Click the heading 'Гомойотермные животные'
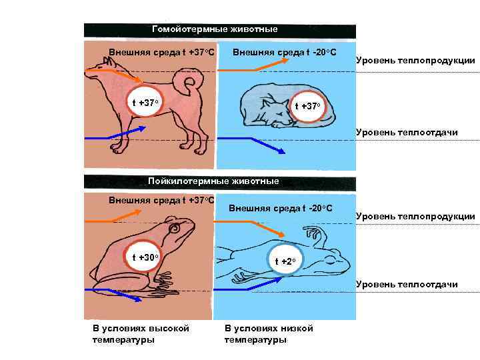pyautogui.click(x=215, y=29)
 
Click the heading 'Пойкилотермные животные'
pyautogui.click(x=214, y=181)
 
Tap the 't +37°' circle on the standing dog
pyautogui.click(x=145, y=103)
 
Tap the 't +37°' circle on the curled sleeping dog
pyautogui.click(x=309, y=107)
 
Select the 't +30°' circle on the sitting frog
pyautogui.click(x=145, y=257)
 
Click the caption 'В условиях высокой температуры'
pyautogui.click(x=141, y=334)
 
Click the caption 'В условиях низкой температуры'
pyautogui.click(x=269, y=334)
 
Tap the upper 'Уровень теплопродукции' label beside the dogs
pyautogui.click(x=415, y=61)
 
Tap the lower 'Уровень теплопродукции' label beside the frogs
pyautogui.click(x=415, y=216)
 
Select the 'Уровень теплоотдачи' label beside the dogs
pyautogui.click(x=407, y=132)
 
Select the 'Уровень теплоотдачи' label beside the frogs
pyautogui.click(x=407, y=285)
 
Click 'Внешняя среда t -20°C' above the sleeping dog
pyautogui.click(x=284, y=51)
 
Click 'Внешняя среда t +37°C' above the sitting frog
pyautogui.click(x=161, y=199)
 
